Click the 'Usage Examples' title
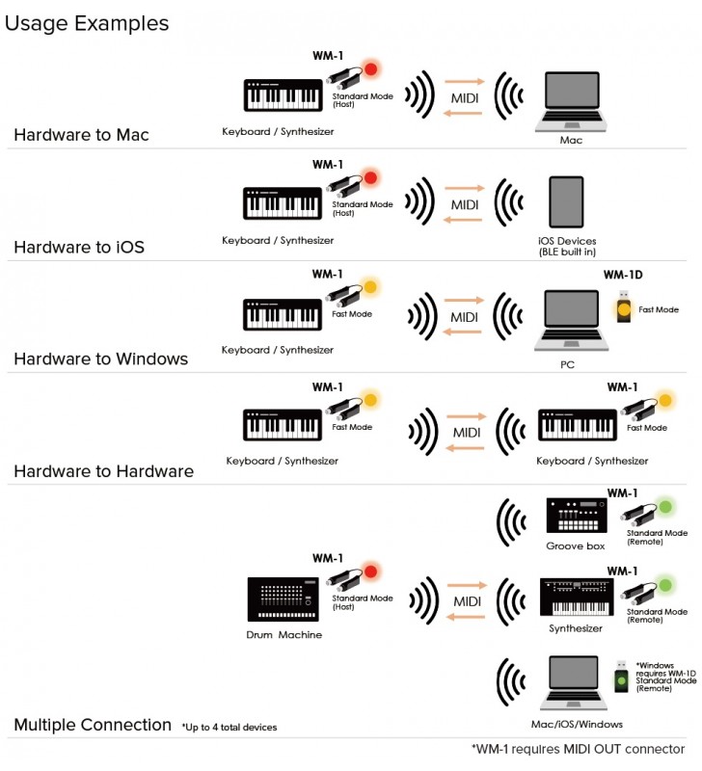pos(87,23)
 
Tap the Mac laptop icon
pos(571,100)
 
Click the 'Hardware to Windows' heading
pos(100,359)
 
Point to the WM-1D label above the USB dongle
pos(623,275)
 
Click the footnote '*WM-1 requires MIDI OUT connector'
pos(578,749)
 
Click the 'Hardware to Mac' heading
pos(81,135)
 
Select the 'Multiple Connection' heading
pos(93,725)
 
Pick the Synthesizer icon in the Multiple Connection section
pos(576,598)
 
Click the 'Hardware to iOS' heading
pos(79,248)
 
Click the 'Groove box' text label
pos(575,545)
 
